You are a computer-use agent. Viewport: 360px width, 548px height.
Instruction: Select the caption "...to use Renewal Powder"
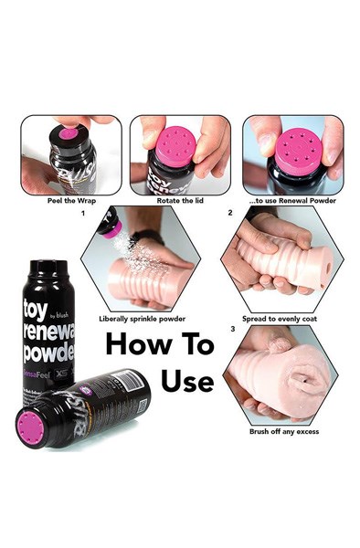[292, 199]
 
